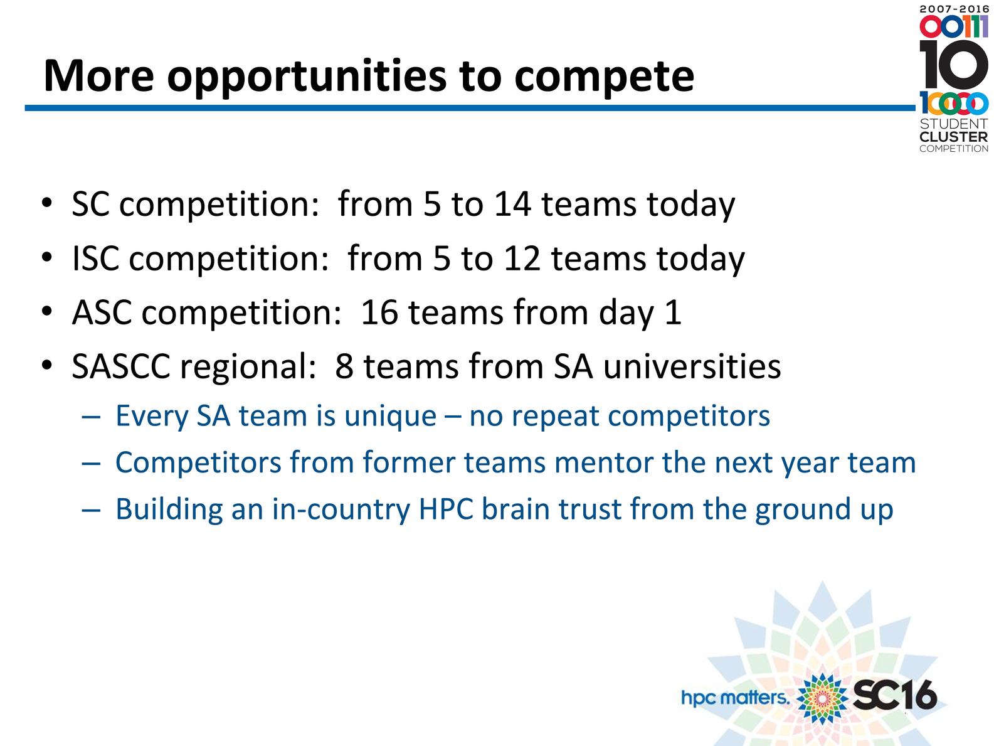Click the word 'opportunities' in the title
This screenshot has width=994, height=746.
[x=307, y=77]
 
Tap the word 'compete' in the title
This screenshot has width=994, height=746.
[x=604, y=78]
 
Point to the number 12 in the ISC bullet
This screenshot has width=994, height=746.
[x=522, y=258]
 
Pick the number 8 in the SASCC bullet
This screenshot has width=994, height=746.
[x=344, y=366]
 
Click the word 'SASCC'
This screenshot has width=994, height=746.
[x=121, y=366]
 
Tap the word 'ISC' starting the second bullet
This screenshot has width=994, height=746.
[x=95, y=258]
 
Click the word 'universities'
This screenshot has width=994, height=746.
[x=692, y=366]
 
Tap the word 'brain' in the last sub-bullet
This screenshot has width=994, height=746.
[x=516, y=509]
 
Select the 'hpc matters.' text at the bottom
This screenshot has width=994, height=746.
[x=735, y=698]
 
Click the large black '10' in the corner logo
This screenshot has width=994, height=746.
[x=953, y=64]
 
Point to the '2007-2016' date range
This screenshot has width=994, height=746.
[x=954, y=9]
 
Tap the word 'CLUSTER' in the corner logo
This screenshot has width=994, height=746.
[x=954, y=137]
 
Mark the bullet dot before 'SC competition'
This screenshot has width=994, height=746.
[x=46, y=203]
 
